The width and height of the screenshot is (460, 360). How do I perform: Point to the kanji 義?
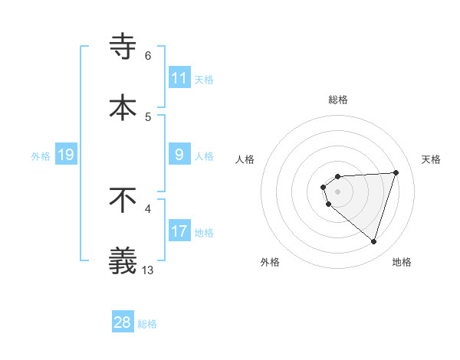pyautogui.click(x=123, y=260)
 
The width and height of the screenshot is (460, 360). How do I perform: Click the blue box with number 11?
pyautogui.click(x=179, y=78)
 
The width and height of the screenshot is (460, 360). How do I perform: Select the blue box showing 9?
pyautogui.click(x=179, y=155)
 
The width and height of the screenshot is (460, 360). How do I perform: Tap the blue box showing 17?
pyautogui.click(x=179, y=231)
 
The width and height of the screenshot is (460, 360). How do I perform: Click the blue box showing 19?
pyautogui.click(x=65, y=155)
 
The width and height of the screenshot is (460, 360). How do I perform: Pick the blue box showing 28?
pyautogui.click(x=123, y=322)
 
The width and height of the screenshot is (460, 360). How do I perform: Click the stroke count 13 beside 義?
pyautogui.click(x=149, y=270)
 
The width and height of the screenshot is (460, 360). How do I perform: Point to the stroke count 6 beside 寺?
pyautogui.click(x=148, y=55)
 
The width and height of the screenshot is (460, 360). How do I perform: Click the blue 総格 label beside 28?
pyautogui.click(x=147, y=324)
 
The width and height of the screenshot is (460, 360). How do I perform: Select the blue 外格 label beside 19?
pyautogui.click(x=41, y=155)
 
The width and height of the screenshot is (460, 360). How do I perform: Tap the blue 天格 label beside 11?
pyautogui.click(x=203, y=79)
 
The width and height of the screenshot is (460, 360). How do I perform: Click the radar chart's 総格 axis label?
pyautogui.click(x=338, y=100)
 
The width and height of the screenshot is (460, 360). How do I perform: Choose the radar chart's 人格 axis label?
pyautogui.click(x=245, y=160)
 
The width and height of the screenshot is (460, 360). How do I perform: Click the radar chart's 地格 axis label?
pyautogui.click(x=402, y=262)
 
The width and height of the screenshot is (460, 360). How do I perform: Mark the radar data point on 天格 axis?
pyautogui.click(x=396, y=172)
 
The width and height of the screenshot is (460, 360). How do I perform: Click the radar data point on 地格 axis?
pyautogui.click(x=373, y=241)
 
